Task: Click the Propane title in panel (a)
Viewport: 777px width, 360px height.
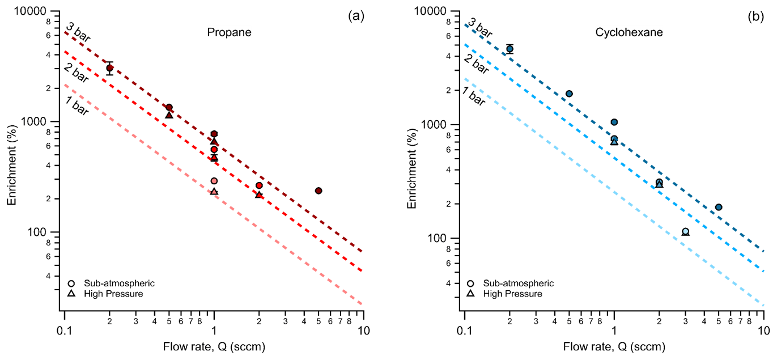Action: [x=228, y=33]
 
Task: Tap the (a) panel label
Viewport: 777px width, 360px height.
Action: [x=355, y=16]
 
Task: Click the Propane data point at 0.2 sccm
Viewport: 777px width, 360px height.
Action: [x=110, y=68]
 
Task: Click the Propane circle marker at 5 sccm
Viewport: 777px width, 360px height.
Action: [x=319, y=190]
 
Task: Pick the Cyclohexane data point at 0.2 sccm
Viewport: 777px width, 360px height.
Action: [x=509, y=49]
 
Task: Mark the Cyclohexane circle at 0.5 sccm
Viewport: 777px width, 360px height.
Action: [x=569, y=94]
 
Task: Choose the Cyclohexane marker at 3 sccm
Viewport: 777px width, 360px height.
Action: [x=685, y=231]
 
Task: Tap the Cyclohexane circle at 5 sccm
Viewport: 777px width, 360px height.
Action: [x=719, y=207]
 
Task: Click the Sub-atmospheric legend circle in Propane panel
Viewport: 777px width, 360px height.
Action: [x=71, y=283]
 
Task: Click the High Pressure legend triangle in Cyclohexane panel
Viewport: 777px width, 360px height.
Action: [x=471, y=294]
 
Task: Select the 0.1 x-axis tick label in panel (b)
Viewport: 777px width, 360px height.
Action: [x=464, y=331]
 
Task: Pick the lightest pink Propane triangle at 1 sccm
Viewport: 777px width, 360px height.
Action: [x=214, y=192]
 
